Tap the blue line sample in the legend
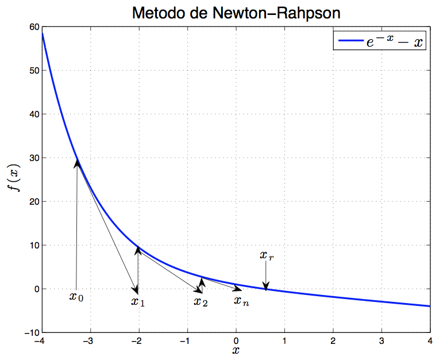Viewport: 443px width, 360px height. click(x=351, y=41)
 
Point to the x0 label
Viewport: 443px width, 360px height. click(x=76, y=297)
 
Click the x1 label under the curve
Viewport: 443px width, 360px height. click(x=138, y=301)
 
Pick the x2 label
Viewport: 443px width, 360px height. click(x=201, y=301)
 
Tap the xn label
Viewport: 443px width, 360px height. click(x=241, y=300)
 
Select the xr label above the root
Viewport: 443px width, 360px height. click(x=267, y=256)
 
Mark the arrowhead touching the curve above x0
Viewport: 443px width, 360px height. click(x=77, y=163)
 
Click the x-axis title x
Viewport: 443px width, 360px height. click(x=236, y=350)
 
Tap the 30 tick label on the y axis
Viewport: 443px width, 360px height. click(x=32, y=158)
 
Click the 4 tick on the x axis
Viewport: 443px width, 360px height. click(x=430, y=341)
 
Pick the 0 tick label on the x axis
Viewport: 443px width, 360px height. click(x=236, y=341)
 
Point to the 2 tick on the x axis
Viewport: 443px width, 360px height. click(x=333, y=341)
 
